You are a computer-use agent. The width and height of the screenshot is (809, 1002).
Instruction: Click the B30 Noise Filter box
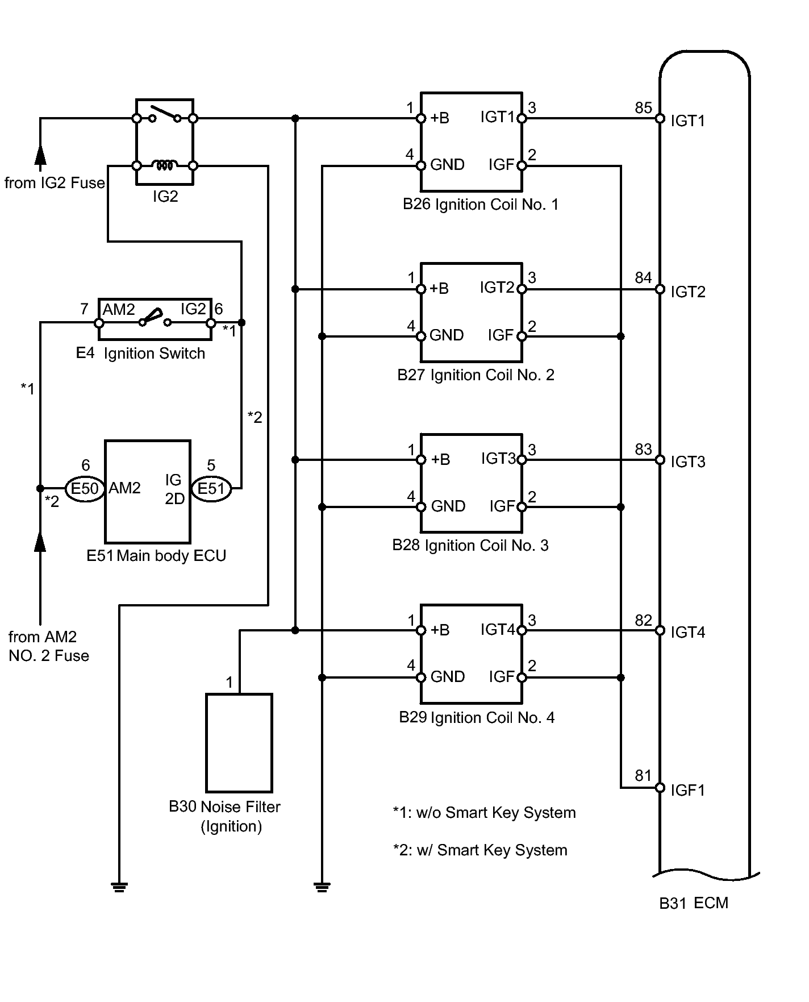coord(239,742)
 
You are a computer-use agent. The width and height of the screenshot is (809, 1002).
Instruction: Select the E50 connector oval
coord(85,488)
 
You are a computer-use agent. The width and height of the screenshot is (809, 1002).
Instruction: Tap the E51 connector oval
coord(211,488)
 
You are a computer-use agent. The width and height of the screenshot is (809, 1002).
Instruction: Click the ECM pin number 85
coord(643,107)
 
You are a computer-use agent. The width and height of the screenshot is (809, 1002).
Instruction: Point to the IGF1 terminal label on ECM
coord(687,790)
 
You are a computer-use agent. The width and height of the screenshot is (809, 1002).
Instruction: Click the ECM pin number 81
coord(643,775)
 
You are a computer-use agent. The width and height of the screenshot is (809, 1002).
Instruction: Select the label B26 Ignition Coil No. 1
coord(481,205)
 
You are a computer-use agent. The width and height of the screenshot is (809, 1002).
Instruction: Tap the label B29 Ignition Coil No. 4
coord(477,717)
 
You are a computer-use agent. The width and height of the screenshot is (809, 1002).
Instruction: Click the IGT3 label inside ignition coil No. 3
coord(498,459)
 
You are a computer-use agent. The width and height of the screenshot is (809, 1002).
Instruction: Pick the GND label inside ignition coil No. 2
coord(447,335)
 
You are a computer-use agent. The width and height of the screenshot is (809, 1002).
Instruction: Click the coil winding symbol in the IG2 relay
coord(165,165)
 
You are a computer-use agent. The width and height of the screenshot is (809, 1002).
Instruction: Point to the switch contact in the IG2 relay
coord(165,114)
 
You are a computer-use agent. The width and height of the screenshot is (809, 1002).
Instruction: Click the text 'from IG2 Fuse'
coord(55,183)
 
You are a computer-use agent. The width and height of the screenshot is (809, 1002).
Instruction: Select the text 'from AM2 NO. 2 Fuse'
coord(49,646)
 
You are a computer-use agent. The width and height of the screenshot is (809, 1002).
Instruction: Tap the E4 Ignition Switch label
coord(140,354)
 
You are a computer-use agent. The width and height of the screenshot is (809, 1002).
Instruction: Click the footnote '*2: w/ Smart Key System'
coord(480,850)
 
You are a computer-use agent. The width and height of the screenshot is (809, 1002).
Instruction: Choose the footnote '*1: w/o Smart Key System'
coord(484,813)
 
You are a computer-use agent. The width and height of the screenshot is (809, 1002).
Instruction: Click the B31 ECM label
coord(694,903)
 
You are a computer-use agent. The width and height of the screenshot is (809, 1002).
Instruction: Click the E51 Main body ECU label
coord(156,555)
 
